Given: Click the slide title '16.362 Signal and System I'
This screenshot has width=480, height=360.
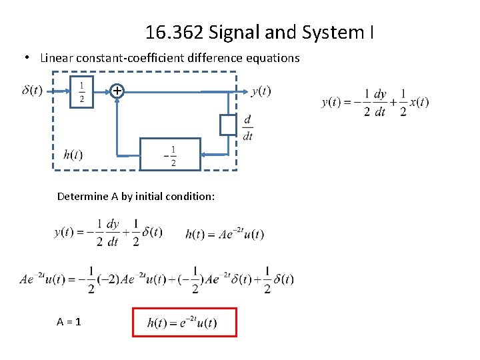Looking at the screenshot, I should tap(259, 31).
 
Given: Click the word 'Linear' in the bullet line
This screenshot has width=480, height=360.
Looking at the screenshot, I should tap(57, 58).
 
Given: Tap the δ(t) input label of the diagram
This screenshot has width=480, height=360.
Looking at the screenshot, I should tap(32, 90).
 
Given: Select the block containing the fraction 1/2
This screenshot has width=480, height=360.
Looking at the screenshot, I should tap(82, 91).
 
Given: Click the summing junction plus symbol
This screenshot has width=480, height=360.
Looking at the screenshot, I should tap(117, 91).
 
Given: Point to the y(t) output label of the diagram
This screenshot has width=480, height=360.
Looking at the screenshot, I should tap(261, 91).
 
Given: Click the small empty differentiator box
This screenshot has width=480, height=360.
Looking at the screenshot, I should tap(228, 125).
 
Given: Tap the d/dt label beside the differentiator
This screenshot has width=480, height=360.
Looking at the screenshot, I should tap(248, 127).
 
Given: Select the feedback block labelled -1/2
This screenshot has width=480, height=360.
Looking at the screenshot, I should tap(170, 155).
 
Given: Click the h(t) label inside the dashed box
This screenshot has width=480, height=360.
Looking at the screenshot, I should tap(73, 155).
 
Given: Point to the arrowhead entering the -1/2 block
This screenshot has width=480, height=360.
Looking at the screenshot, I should tap(204, 155).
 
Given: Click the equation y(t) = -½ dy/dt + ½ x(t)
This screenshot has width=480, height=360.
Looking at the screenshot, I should tap(375, 102).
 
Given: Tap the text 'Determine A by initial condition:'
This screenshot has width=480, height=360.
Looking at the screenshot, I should tap(136, 197).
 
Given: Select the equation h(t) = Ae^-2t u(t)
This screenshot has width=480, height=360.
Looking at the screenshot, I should tap(225, 233).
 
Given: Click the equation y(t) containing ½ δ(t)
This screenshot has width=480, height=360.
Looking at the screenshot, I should tap(108, 232).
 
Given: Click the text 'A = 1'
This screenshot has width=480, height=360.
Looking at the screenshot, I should tap(69, 321).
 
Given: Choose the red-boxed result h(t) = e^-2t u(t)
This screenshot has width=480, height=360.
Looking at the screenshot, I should tap(185, 323).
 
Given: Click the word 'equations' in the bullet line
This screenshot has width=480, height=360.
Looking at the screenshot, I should tap(274, 58).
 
